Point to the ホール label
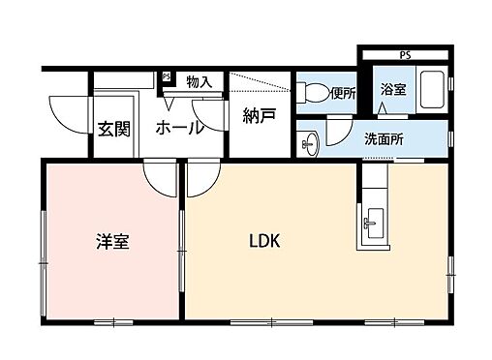(180, 127)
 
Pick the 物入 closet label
(200, 83)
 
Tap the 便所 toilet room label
(343, 94)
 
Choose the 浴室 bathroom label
(392, 89)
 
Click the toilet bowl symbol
(314, 94)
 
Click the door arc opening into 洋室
(158, 177)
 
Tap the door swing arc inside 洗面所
(339, 128)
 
